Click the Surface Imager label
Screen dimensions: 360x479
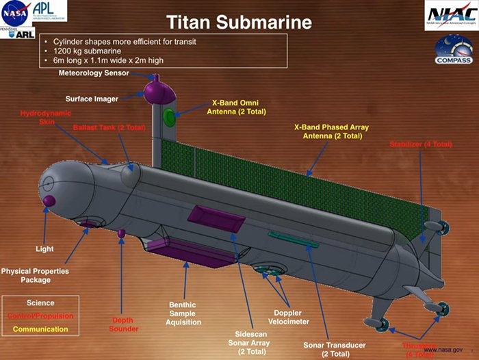pos(92,99)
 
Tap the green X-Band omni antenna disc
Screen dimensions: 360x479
pos(169,116)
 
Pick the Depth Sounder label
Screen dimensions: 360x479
pos(124,324)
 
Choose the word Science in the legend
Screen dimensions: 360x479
pos(40,303)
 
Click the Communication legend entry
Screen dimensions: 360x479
pos(40,329)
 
